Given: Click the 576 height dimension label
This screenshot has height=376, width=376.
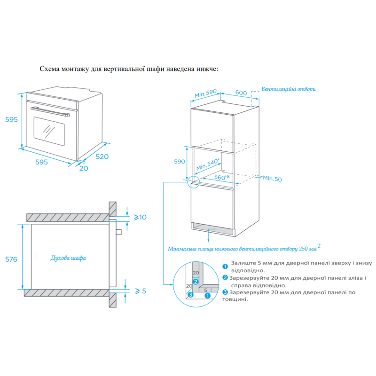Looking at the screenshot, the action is click(11, 259).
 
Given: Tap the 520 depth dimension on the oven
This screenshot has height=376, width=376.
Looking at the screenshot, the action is click(102, 157).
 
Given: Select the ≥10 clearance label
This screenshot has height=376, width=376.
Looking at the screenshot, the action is click(140, 217).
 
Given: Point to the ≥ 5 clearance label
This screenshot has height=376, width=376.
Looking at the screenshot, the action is click(141, 291).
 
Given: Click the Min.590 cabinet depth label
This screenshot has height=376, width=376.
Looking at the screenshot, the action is click(205, 93).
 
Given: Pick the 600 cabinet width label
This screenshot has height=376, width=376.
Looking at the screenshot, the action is click(241, 93).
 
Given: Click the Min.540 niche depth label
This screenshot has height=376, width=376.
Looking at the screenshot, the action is click(208, 164).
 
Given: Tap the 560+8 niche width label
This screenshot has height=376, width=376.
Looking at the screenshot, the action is click(222, 177).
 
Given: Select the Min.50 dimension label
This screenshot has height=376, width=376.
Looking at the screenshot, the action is click(272, 179).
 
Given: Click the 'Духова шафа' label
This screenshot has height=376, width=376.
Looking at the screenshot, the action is click(68, 258).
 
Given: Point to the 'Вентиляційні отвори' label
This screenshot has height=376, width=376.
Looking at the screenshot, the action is click(288, 89).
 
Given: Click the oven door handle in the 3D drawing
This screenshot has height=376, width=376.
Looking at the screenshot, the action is click(50, 111).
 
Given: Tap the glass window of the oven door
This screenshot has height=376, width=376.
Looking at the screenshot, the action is click(49, 132).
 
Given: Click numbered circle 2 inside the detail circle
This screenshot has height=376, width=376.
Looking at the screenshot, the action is click(196, 282).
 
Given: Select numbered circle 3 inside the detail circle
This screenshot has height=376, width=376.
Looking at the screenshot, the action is click(191, 295).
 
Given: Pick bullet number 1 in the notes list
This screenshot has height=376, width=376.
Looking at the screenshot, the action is click(225, 266).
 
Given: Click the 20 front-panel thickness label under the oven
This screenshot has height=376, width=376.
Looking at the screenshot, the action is click(84, 168).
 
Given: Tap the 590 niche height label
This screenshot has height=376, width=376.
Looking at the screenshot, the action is click(180, 162).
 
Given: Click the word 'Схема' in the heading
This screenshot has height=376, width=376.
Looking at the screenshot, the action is click(49, 69).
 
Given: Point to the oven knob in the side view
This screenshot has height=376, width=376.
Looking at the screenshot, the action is click(119, 232).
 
